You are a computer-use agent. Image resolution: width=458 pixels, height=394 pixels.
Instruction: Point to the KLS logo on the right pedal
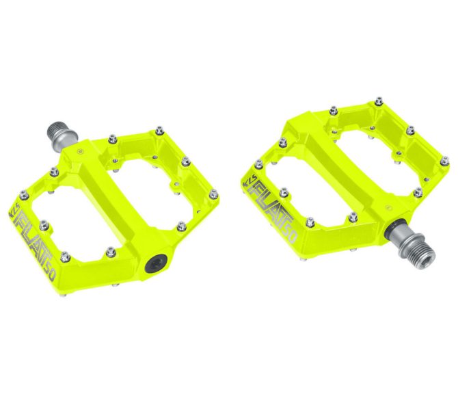[x=247, y=183]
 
